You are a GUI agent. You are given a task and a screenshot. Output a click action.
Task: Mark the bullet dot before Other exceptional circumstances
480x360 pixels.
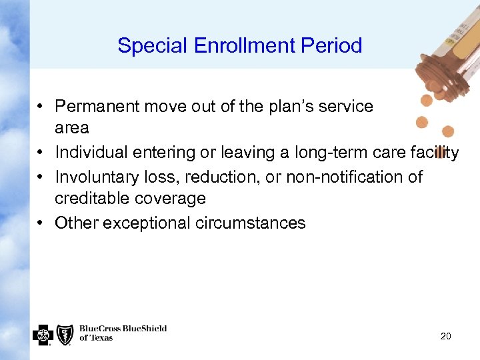[x=41, y=223]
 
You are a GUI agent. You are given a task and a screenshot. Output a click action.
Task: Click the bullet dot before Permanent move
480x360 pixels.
[x=41, y=107]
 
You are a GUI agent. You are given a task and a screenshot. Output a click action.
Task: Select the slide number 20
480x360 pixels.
[x=445, y=337]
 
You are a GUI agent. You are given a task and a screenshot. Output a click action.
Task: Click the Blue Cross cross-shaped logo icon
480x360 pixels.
[x=43, y=335]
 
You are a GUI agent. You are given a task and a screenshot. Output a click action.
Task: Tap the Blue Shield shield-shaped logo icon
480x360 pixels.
[x=65, y=335]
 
